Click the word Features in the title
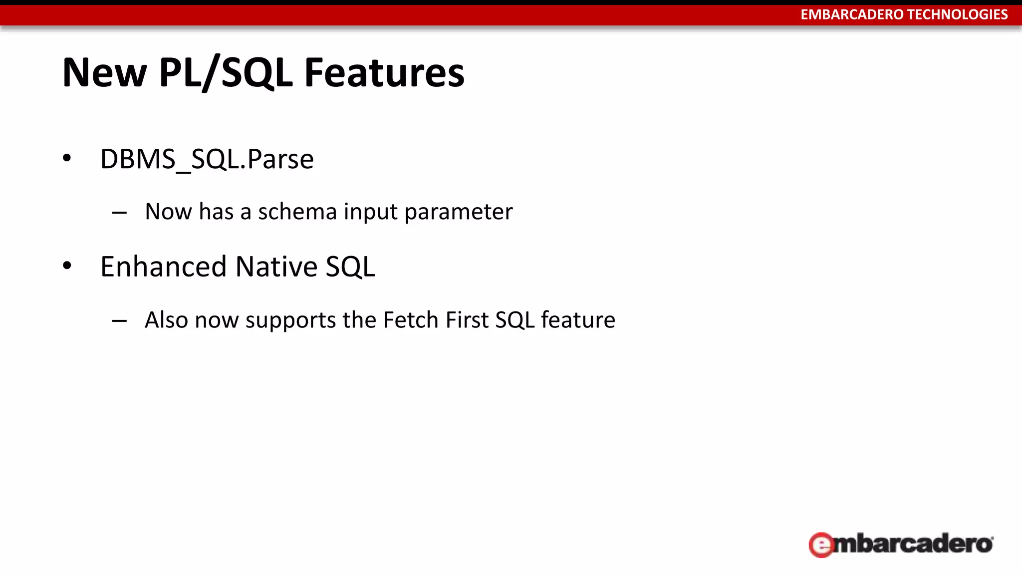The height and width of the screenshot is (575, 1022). [x=384, y=73]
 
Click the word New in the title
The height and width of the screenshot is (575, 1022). [x=104, y=73]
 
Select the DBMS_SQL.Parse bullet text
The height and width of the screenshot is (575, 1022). [x=207, y=159]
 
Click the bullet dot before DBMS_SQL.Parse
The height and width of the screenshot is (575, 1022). [x=67, y=159]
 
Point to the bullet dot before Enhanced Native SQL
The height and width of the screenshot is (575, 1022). [x=67, y=266]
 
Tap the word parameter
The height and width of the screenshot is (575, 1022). [x=458, y=212]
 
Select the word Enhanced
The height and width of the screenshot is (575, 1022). [x=164, y=267]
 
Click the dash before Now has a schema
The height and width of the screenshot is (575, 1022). [x=119, y=213]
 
